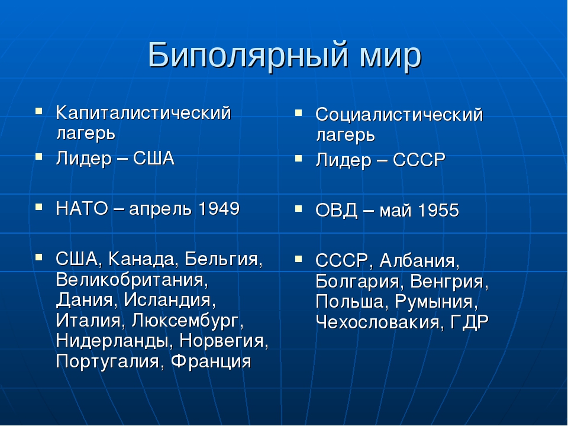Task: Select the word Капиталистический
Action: point(143,113)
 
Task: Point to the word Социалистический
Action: point(399,115)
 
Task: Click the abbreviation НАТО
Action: point(82,209)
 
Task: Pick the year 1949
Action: point(219,209)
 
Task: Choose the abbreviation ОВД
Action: point(336,211)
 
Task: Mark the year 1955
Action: point(438,211)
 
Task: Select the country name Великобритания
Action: point(132,280)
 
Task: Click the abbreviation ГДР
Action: point(470,322)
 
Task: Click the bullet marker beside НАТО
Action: point(39,207)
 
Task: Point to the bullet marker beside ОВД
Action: point(298,209)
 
